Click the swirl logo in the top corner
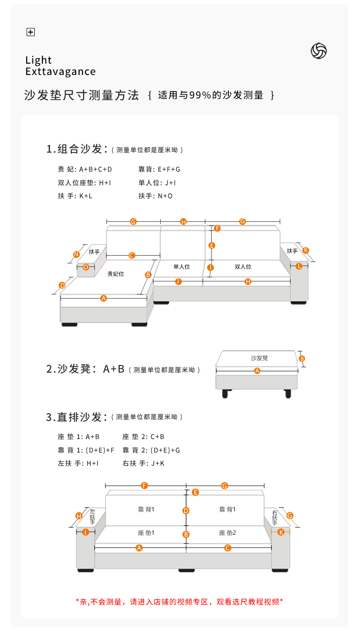coord(319,51)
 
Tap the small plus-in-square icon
coord(31,32)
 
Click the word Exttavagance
coord(60,72)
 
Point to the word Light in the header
coord(39,60)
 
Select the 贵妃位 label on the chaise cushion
coord(116,274)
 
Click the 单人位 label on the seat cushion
coord(182,267)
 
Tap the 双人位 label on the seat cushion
coord(243,267)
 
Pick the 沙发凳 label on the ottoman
coord(259,358)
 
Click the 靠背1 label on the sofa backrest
coord(146,509)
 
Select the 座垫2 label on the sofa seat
coord(227,533)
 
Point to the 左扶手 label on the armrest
coord(92,516)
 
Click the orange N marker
coord(76,254)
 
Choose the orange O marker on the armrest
coord(86,267)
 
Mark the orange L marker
coord(299,266)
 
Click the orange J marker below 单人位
coord(178,281)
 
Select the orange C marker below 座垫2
coord(227,548)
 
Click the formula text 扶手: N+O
coord(155,196)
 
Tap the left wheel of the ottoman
coord(225,394)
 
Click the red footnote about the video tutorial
coord(179,602)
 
